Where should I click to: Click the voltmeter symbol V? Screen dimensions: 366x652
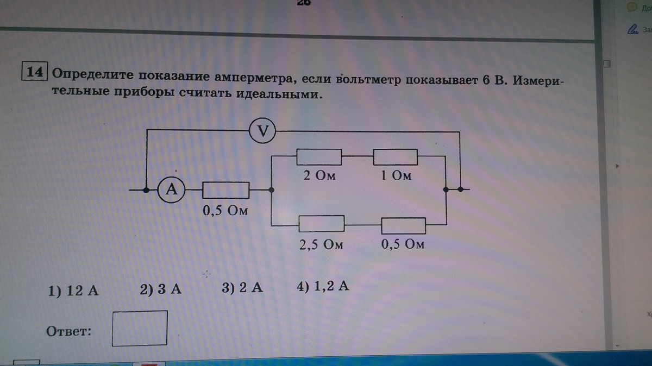(x=262, y=131)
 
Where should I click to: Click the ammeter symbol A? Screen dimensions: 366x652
(x=171, y=190)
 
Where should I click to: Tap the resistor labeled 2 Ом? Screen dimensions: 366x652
(x=319, y=157)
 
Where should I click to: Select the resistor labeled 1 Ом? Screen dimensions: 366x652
(x=395, y=157)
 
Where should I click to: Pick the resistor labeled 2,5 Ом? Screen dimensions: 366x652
(x=322, y=223)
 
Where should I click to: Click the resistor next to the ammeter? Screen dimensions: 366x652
(x=225, y=190)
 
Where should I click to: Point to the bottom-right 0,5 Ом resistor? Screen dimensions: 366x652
(x=403, y=225)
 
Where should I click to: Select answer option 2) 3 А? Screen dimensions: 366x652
(x=160, y=289)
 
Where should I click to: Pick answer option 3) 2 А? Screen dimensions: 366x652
(x=242, y=288)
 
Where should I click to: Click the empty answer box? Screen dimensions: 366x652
(x=140, y=327)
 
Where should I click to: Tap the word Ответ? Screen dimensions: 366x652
(x=69, y=331)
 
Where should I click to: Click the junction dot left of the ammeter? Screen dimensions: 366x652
(x=147, y=190)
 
